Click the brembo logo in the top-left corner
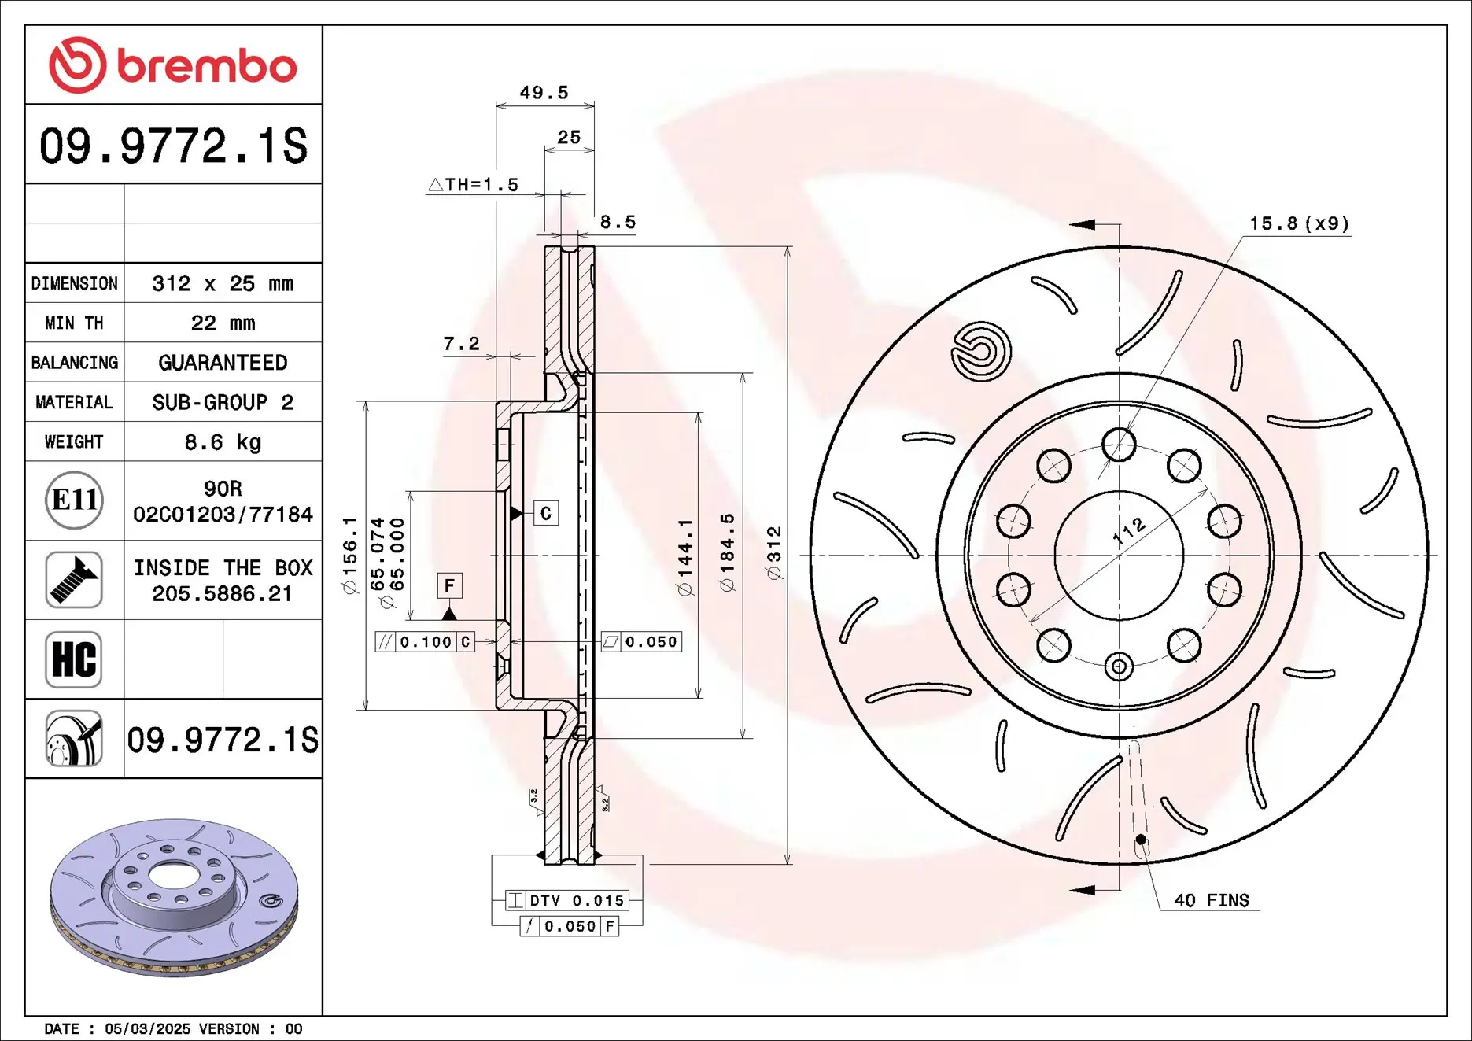click(x=172, y=65)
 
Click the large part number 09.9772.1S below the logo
click(x=173, y=146)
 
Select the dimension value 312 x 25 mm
click(x=223, y=283)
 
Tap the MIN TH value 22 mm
click(x=223, y=323)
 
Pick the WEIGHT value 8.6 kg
click(x=223, y=442)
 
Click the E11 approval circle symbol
click(x=74, y=500)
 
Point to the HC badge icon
click(x=74, y=659)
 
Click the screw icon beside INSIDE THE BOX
click(x=74, y=580)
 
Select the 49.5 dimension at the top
click(x=544, y=92)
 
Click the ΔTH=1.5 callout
click(x=474, y=184)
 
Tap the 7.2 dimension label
click(x=461, y=343)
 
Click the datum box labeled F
click(x=449, y=585)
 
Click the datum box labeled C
click(x=546, y=513)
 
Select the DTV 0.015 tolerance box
click(x=567, y=900)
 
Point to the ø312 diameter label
click(x=774, y=553)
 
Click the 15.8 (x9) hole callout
click(x=1299, y=223)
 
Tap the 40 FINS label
click(x=1211, y=900)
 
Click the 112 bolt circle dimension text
click(x=1129, y=532)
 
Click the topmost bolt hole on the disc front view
click(x=1119, y=445)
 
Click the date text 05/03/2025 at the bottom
click(x=147, y=1028)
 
